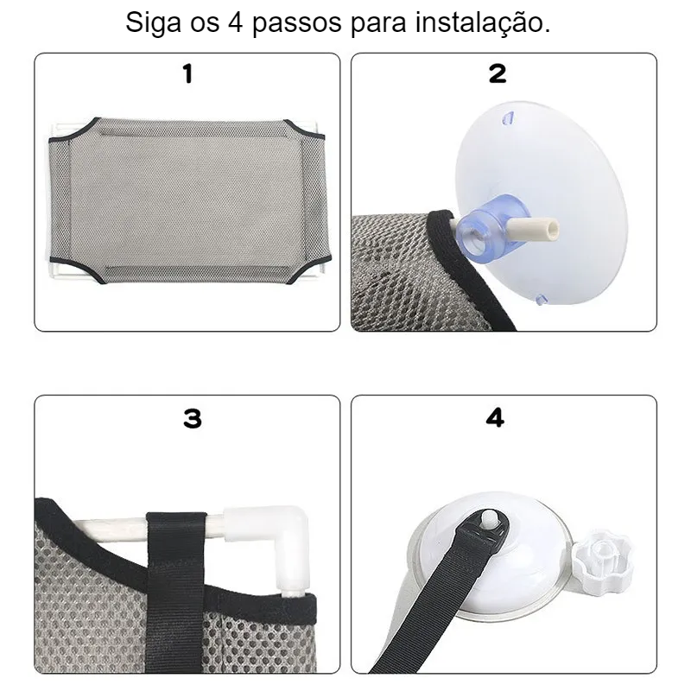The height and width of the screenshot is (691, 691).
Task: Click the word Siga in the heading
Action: click(x=154, y=23)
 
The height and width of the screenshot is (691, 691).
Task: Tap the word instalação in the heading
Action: click(x=482, y=23)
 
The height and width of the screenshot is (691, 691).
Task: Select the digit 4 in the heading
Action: click(x=236, y=22)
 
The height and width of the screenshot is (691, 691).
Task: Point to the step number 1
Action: click(x=187, y=73)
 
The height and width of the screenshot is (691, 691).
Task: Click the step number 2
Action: click(x=498, y=73)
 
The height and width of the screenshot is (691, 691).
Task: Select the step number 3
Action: click(x=193, y=418)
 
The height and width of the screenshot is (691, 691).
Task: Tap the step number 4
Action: click(x=495, y=418)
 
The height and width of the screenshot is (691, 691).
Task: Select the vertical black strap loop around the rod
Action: click(x=176, y=591)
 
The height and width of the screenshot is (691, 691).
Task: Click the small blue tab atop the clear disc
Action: click(x=508, y=118)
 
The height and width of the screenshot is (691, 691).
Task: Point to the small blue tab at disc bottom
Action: click(x=541, y=300)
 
